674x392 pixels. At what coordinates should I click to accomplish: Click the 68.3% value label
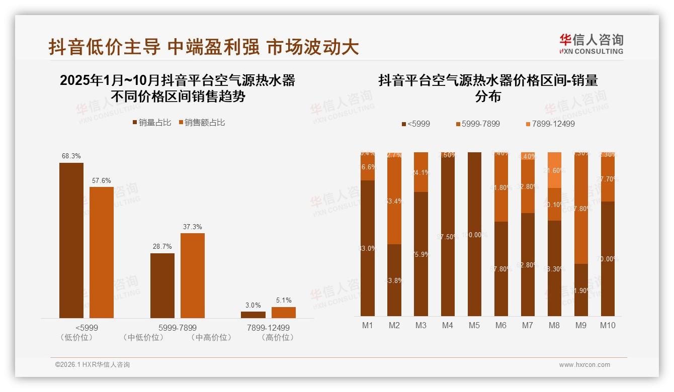coord(71,156)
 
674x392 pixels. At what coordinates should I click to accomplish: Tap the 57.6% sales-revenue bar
coord(102,252)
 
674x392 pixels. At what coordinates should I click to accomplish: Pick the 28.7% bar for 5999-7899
coord(162,285)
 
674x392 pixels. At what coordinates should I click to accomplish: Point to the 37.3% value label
coord(193,227)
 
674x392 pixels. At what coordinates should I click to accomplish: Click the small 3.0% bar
coord(253,315)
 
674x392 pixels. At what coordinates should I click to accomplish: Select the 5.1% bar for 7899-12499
coord(284,312)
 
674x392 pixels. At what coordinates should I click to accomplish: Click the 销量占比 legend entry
coord(151,122)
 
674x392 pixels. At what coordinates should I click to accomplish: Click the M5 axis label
coord(474,325)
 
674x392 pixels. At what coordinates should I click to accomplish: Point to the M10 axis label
coord(608,325)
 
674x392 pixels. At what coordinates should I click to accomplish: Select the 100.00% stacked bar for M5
coord(474,234)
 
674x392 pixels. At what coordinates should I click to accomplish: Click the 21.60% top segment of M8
coord(554,170)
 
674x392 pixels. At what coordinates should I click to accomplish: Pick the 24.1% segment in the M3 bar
coord(421,172)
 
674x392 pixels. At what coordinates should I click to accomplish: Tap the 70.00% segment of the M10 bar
coord(608,258)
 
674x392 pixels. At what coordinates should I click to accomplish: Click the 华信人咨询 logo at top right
coord(591,44)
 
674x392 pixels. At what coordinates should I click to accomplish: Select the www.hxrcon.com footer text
coord(584,365)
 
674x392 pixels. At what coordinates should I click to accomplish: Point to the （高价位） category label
coord(278,338)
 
